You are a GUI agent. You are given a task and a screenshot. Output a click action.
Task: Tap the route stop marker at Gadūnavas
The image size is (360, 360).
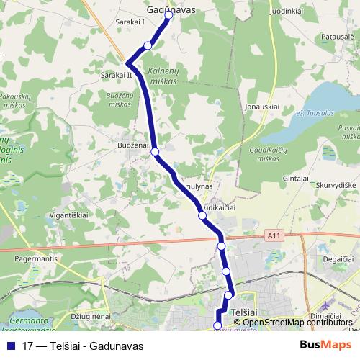click(x=168, y=14)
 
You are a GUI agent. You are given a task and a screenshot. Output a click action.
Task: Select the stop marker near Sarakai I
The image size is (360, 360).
click(x=148, y=45)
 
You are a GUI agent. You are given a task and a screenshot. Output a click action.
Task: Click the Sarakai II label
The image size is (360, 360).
click(x=117, y=74)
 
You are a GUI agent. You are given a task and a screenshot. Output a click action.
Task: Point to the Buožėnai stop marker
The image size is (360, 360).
click(x=155, y=152)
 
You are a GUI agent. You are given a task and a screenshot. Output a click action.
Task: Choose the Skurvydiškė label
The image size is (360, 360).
click(x=333, y=185)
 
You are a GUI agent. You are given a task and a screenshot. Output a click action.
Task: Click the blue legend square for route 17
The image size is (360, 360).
click(x=11, y=345)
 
